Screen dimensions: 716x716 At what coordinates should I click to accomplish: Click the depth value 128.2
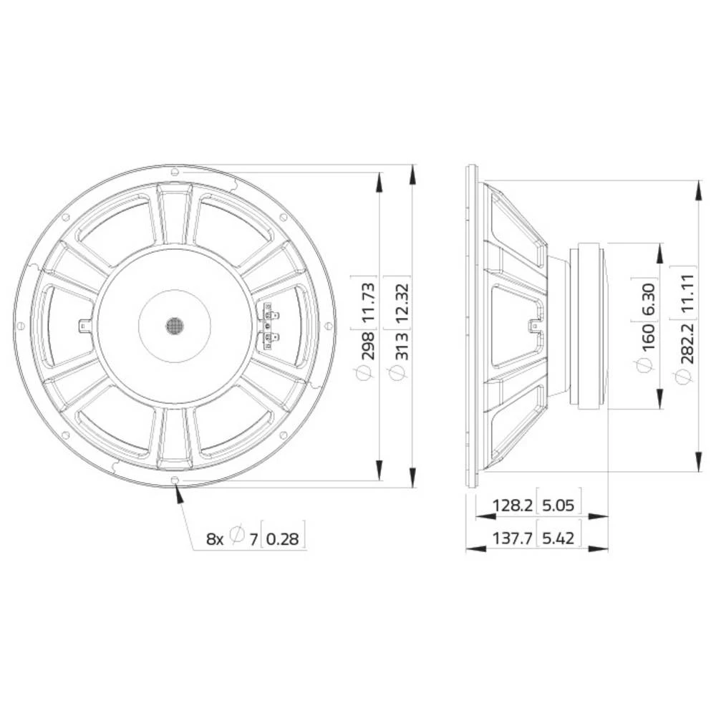[512, 505]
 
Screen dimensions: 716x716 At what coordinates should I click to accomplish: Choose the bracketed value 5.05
[558, 505]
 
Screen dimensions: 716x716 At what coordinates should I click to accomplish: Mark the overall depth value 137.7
[512, 538]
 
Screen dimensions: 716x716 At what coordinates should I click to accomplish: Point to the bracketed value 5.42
[558, 538]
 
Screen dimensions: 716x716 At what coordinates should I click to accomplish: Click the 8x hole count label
[216, 538]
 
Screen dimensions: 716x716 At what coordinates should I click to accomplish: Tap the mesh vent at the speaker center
[175, 326]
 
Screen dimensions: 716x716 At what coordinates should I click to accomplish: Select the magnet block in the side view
[588, 326]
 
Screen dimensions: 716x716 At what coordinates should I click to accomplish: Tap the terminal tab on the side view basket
[533, 326]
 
